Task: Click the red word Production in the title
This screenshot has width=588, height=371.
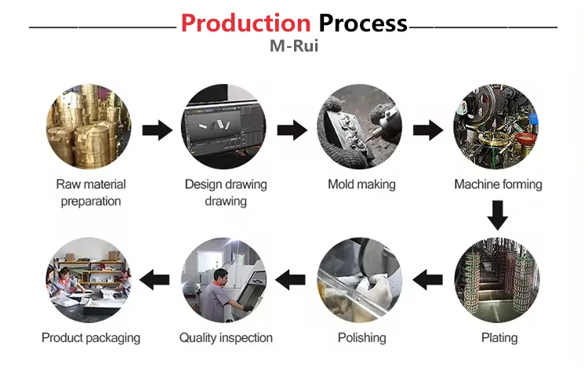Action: click(x=245, y=23)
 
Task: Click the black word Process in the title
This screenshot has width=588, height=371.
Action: click(x=362, y=23)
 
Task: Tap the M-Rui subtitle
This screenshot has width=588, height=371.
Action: click(x=293, y=46)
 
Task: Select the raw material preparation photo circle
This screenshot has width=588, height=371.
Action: click(x=89, y=127)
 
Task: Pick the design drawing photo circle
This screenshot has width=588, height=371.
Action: click(x=225, y=127)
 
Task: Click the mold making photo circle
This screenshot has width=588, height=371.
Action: click(x=361, y=127)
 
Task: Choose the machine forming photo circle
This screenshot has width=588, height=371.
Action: click(x=497, y=127)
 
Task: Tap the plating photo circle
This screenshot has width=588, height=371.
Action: click(x=497, y=280)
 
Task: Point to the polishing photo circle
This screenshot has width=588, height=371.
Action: click(x=361, y=280)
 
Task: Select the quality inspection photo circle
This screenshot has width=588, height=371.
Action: click(x=225, y=280)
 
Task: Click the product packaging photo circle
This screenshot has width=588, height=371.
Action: click(x=89, y=280)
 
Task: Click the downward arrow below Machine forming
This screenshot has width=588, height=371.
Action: click(x=497, y=214)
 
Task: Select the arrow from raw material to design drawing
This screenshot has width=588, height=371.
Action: click(x=157, y=130)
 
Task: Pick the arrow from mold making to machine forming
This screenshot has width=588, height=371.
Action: click(x=428, y=130)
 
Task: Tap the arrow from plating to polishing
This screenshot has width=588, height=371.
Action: click(x=428, y=277)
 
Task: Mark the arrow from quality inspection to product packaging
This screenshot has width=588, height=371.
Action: click(x=157, y=277)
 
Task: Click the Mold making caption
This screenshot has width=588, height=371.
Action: click(x=361, y=185)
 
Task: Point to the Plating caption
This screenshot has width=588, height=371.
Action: click(x=499, y=338)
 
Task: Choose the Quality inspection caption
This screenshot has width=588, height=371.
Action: click(x=226, y=338)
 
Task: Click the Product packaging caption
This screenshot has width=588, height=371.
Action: click(x=91, y=338)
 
